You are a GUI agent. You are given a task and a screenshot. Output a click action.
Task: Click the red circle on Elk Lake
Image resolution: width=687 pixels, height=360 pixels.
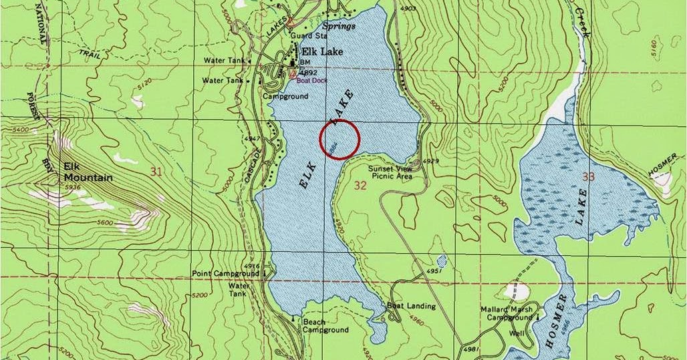point(340,140)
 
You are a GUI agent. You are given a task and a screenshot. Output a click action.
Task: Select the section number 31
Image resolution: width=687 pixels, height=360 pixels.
point(156,172)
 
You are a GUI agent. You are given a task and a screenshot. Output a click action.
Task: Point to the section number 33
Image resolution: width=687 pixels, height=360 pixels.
point(588,176)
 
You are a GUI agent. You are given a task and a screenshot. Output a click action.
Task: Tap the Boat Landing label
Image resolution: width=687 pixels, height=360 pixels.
point(411,307)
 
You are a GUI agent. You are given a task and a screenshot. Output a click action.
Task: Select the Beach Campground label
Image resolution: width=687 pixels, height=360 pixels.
point(325,326)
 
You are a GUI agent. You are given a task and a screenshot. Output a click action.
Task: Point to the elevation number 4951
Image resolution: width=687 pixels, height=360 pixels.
point(434,271)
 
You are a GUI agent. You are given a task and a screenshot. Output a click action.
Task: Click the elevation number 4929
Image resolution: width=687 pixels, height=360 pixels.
point(430,161)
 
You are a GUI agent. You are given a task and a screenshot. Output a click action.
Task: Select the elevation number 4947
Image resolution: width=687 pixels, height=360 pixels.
point(252,139)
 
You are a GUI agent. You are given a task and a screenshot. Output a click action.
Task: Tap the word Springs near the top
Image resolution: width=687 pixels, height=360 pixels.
point(339,26)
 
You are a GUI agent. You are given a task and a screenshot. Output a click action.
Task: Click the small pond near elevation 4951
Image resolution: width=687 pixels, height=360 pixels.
point(441,260)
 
